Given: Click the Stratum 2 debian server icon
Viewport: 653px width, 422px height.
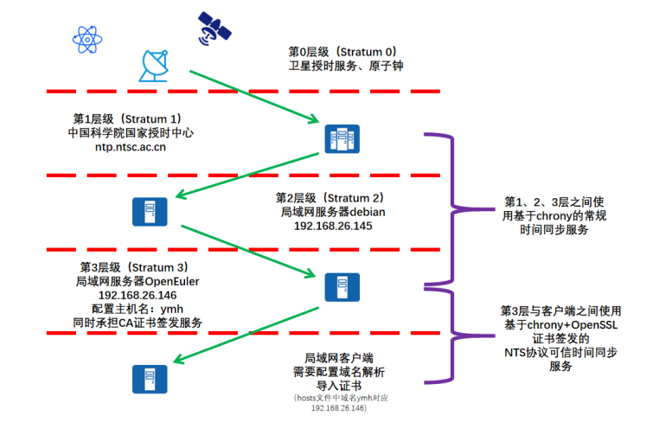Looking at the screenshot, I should pyautogui.click(x=150, y=211).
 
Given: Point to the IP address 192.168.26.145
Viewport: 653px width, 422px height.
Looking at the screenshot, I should pyautogui.click(x=333, y=226).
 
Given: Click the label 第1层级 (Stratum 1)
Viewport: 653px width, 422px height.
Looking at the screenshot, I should pyautogui.click(x=126, y=118).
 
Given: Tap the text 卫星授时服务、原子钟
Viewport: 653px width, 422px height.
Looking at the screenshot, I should pyautogui.click(x=346, y=65).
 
